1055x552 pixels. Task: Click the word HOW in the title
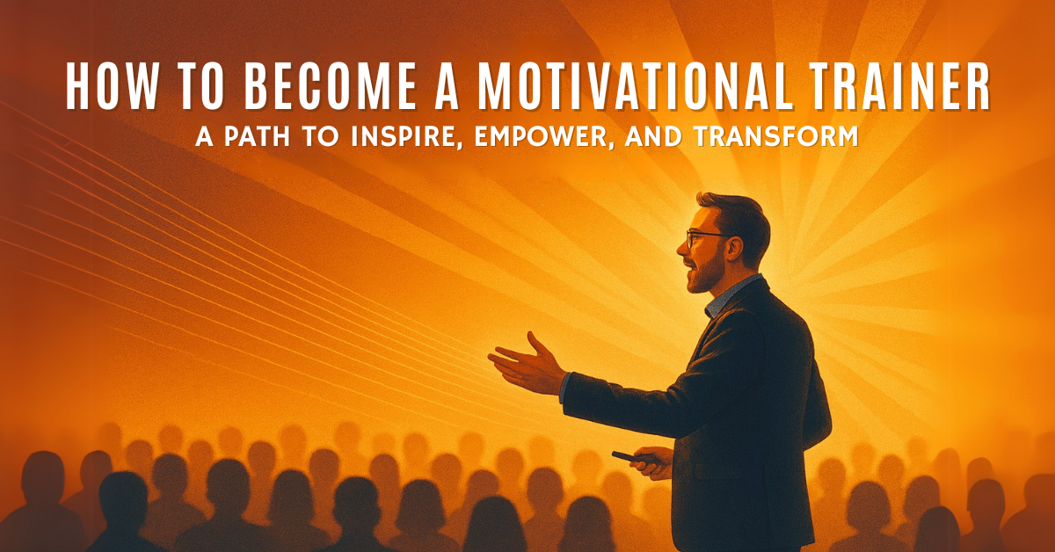click(112, 87)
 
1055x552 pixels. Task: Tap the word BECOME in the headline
click(331, 87)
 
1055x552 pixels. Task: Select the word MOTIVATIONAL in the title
click(634, 87)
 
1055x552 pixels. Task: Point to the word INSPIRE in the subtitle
click(404, 136)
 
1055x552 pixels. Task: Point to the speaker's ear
click(734, 248)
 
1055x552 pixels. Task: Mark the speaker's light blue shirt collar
click(728, 297)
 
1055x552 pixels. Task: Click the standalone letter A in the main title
click(447, 87)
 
